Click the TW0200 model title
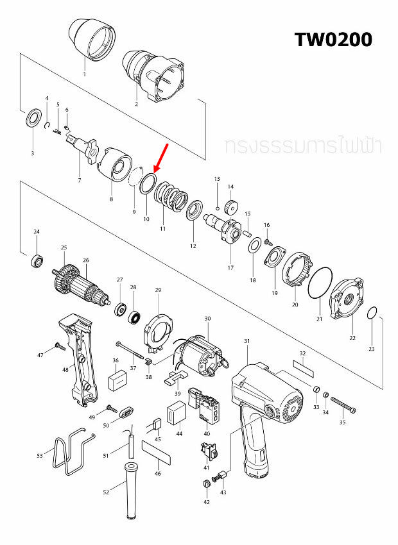(x=333, y=39)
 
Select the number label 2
(x=136, y=103)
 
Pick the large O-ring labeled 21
(x=319, y=283)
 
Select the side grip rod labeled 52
(x=131, y=490)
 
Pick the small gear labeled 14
(x=231, y=208)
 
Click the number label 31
(x=247, y=341)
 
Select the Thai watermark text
(x=303, y=146)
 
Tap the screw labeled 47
(x=57, y=347)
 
